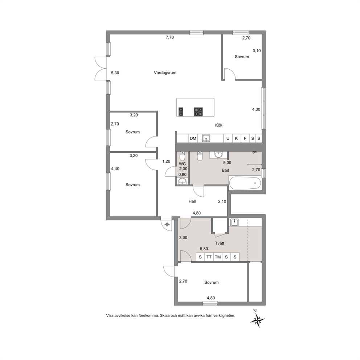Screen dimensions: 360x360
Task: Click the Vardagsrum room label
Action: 165,73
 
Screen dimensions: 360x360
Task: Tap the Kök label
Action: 218,125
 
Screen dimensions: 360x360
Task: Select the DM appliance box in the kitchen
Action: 193,138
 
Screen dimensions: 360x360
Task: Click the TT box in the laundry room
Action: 209,257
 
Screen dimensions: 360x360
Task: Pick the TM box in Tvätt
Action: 218,257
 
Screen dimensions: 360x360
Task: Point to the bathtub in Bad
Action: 245,183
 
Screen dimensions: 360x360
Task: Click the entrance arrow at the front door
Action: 167,224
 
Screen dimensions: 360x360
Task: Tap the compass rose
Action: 257,319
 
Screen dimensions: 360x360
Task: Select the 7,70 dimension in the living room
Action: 170,37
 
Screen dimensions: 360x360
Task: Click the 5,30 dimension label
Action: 115,73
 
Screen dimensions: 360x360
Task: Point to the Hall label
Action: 192,201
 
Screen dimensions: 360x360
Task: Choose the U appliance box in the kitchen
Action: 228,138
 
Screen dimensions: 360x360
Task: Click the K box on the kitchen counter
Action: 236,138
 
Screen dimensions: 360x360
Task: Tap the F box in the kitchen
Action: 245,138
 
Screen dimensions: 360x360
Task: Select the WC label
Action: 182,164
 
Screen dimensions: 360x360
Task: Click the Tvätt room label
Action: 220,243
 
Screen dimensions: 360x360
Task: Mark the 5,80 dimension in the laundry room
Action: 204,249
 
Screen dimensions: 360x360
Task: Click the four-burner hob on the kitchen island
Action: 199,111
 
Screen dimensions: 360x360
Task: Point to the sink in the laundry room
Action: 234,222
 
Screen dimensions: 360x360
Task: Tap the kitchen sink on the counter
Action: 206,138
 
